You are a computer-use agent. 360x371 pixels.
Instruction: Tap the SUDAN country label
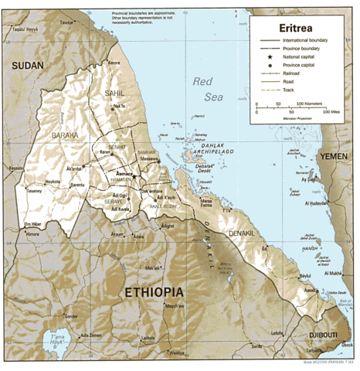(25, 67)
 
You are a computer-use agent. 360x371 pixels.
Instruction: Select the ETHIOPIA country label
(154, 293)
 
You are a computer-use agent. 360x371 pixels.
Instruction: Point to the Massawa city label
(150, 159)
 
